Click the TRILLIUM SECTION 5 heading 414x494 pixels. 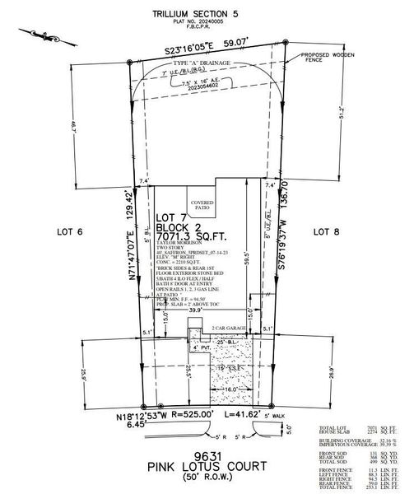click(207, 14)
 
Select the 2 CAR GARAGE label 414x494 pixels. click(228, 328)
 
